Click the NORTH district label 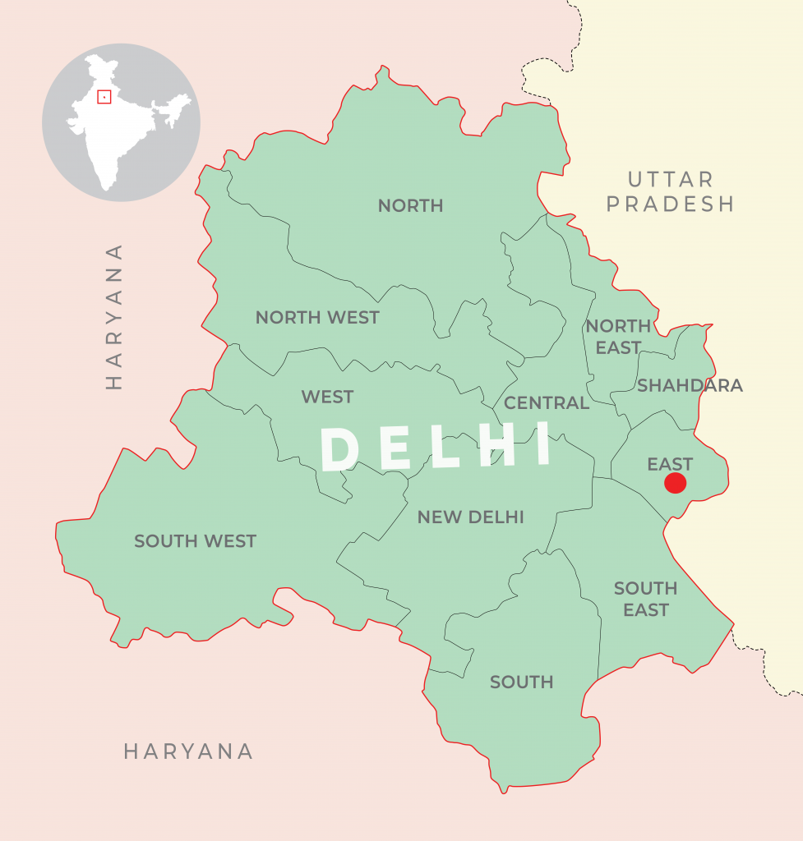410,206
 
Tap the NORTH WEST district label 317,318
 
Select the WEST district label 327,398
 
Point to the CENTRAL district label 547,403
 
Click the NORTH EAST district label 618,337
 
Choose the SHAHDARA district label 690,385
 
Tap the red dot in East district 676,483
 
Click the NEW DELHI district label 470,517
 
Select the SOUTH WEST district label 196,541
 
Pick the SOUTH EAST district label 646,599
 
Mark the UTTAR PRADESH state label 671,191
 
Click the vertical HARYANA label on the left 114,316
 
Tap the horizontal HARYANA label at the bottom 188,751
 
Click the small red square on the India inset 104,97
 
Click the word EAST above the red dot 670,464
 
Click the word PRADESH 671,204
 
